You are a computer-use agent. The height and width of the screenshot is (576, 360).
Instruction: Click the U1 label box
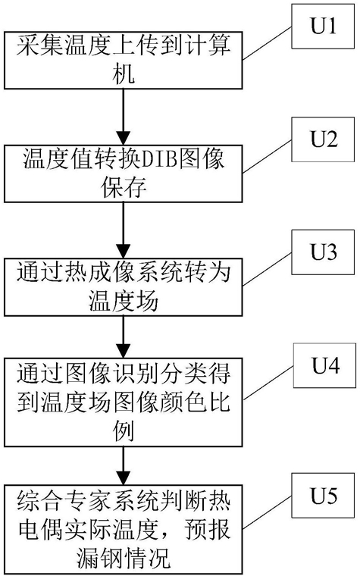click(323, 26)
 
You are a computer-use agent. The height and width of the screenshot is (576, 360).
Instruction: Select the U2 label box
click(323, 139)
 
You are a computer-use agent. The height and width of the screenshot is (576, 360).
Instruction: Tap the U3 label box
click(323, 252)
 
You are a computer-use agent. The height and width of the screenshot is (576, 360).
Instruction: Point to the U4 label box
click(324, 365)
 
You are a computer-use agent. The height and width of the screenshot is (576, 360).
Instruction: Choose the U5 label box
click(323, 496)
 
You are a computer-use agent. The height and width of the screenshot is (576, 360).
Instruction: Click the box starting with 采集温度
click(123, 60)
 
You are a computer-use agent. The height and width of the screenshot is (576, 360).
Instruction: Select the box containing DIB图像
click(123, 174)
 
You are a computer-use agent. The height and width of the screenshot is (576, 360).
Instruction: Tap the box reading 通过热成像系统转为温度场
click(123, 287)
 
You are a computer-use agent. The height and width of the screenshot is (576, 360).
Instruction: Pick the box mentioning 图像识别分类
click(123, 402)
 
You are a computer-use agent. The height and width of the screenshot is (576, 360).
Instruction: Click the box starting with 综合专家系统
click(123, 529)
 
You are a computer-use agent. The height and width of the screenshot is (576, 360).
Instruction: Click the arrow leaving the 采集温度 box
click(123, 117)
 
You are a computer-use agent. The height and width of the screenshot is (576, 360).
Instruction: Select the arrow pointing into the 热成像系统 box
click(123, 230)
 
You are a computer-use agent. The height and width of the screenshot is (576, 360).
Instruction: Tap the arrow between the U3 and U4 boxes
click(123, 337)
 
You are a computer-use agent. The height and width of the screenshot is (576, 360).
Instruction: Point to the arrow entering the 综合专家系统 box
click(123, 465)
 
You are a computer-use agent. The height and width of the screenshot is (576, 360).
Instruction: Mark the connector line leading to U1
click(267, 42)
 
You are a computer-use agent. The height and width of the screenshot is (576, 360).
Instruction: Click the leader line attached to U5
click(267, 512)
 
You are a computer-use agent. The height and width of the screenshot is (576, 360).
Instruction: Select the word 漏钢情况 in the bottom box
click(124, 558)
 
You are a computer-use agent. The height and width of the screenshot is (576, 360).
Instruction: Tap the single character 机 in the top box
click(124, 74)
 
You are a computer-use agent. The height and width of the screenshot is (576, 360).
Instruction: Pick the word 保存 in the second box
click(124, 187)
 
